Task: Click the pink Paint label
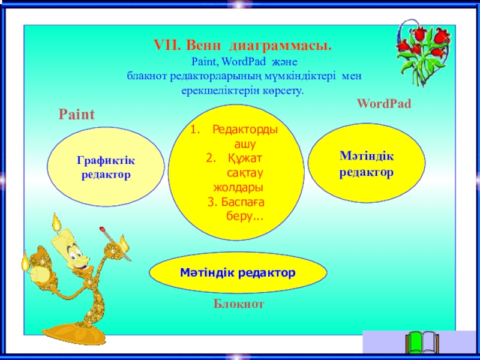click(x=77, y=115)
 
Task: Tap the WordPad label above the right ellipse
click(x=384, y=103)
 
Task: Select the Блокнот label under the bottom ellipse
click(x=238, y=304)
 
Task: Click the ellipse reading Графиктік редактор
click(x=106, y=167)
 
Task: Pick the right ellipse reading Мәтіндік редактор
click(x=367, y=163)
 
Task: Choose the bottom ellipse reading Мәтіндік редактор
click(x=238, y=272)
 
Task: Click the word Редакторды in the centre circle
click(x=245, y=130)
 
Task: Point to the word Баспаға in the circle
click(x=243, y=202)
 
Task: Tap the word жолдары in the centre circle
click(x=238, y=187)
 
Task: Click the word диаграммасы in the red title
click(x=280, y=46)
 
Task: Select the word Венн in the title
click(x=203, y=46)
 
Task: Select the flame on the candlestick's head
click(x=56, y=222)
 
